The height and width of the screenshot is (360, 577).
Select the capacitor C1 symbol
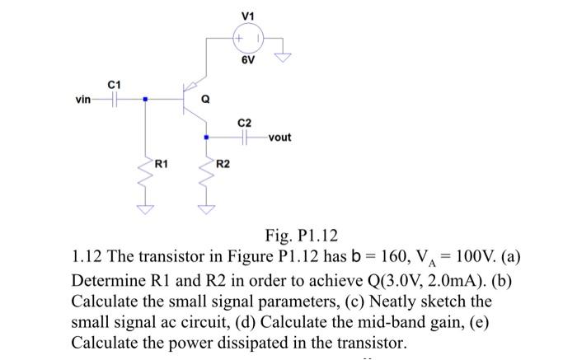[x=115, y=100]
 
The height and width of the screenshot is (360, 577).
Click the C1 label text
[x=115, y=84]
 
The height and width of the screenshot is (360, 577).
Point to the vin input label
[x=83, y=100]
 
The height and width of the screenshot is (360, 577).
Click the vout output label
[x=279, y=138]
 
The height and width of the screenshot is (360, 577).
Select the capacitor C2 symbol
[x=244, y=138]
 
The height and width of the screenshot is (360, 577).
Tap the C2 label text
[x=244, y=122]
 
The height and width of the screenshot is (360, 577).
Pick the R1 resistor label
[x=162, y=165]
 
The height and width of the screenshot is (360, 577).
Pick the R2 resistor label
[x=223, y=165]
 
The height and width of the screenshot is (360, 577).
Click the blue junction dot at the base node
[x=145, y=100]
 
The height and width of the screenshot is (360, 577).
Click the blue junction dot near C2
[x=205, y=138]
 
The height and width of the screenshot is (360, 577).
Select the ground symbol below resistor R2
[x=205, y=209]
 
